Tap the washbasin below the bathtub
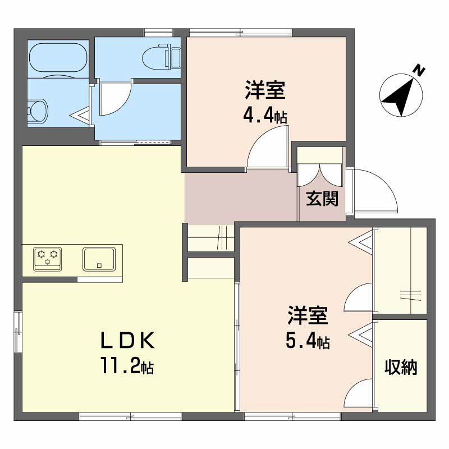coord(38,110)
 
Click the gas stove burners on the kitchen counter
coord(48,259)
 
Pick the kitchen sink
coord(99,259)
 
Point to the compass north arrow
coord(402,95)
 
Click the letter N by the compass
coord(419,70)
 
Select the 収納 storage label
coord(401,368)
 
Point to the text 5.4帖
coord(308,340)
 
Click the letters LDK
coord(127,340)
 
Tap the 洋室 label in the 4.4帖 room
coord(265,90)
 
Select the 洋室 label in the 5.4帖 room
coord(308,316)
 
